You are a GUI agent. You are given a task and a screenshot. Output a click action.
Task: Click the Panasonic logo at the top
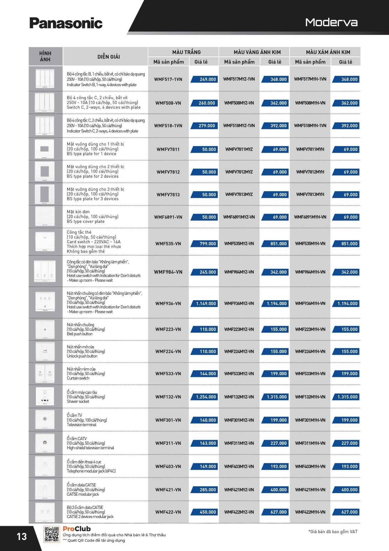[66, 23]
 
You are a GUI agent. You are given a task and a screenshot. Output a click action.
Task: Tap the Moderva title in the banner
[331, 22]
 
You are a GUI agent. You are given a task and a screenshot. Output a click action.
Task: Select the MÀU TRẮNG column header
[186, 52]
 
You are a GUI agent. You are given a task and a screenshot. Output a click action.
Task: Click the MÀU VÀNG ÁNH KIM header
[257, 52]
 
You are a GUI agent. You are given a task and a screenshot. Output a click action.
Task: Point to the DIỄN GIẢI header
[109, 57]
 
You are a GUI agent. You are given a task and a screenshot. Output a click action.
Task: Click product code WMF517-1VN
[168, 79]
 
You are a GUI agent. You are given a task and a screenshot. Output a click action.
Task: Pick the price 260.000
[207, 103]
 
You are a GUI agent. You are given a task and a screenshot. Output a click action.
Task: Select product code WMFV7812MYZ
[239, 172]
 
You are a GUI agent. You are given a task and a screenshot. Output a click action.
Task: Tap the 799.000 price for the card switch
[208, 244]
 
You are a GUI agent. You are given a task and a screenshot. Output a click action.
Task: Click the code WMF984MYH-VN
[310, 272]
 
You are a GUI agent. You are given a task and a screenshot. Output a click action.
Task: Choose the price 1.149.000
[206, 303]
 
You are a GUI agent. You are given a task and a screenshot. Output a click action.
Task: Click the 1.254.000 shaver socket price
[206, 397]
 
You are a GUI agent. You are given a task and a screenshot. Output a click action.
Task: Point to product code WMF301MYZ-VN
[239, 420]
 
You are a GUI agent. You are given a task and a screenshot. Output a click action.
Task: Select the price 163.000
[208, 443]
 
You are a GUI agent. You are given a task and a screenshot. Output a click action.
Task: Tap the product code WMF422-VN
[168, 512]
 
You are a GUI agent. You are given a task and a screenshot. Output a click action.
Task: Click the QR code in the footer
[52, 534]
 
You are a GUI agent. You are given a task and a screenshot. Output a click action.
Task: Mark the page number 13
[22, 536]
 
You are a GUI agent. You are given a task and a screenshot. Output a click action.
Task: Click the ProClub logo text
[76, 529]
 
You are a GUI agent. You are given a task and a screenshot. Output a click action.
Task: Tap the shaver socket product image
[45, 396]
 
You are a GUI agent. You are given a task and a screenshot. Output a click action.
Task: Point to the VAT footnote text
[333, 532]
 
